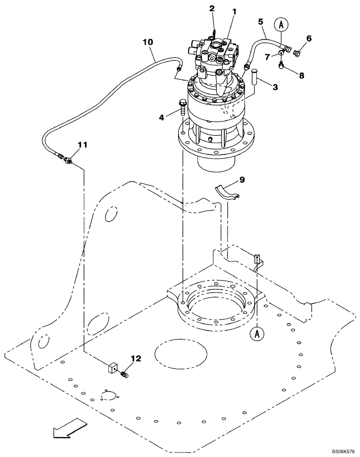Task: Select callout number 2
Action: pos(212,9)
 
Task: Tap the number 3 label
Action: pos(275,87)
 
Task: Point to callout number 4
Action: pos(161,117)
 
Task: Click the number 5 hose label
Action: pos(260,21)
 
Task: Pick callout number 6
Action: pos(309,39)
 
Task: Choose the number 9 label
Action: pos(242,180)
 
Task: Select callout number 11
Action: pos(82,145)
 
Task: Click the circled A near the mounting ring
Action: pos(257,334)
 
